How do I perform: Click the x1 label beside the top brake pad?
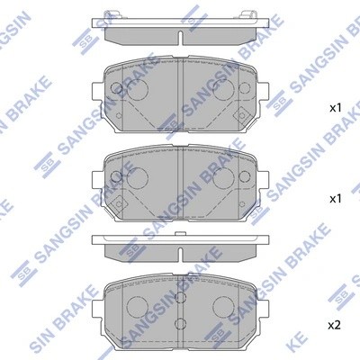(334, 108)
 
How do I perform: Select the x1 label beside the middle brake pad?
(334, 196)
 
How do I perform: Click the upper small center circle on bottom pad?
(180, 296)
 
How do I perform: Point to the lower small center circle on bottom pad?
(180, 323)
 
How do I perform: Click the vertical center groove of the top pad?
(180, 99)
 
